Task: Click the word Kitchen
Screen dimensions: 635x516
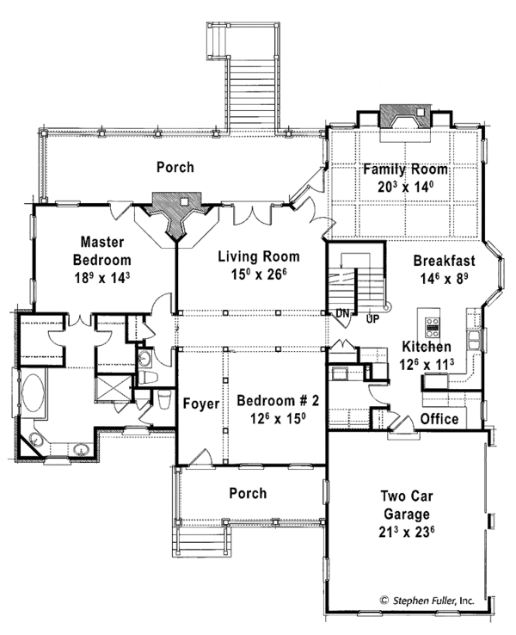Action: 427,346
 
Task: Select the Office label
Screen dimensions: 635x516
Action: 439,419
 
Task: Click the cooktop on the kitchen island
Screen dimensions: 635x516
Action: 433,326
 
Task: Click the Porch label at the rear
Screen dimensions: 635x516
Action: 175,167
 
